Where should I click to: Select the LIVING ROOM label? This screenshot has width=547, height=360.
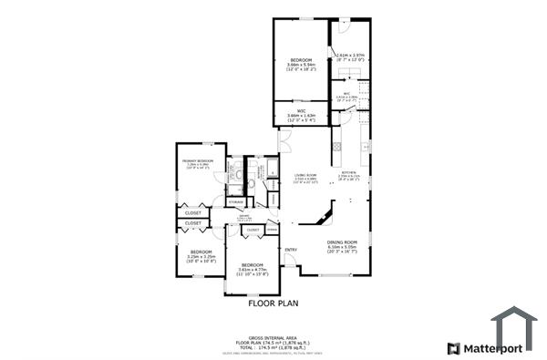point(305,175)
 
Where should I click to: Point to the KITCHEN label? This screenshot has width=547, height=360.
point(348,171)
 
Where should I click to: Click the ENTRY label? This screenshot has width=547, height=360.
point(291,250)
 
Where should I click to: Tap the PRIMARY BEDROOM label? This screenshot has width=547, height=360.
point(199,160)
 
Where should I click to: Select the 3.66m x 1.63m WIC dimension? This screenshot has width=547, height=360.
point(301,116)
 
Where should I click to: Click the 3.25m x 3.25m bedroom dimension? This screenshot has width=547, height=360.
point(201,257)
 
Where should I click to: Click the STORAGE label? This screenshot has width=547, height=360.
point(236,201)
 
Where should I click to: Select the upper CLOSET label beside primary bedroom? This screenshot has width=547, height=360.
point(193,212)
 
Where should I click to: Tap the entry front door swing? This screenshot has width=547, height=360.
point(290,263)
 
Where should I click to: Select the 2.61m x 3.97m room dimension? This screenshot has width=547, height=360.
point(350,56)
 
